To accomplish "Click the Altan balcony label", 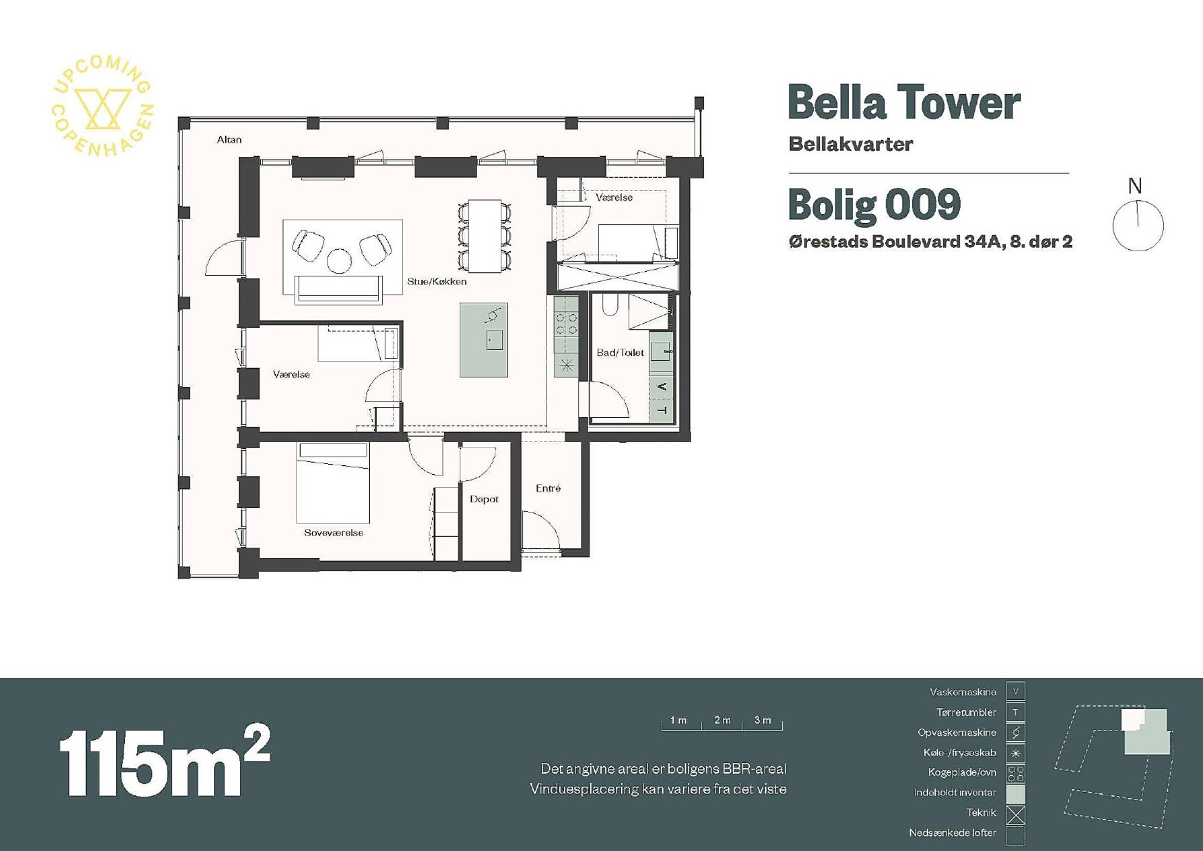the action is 229,140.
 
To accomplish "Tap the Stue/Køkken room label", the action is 437,281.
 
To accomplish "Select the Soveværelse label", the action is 333,533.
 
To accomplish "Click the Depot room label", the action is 484,499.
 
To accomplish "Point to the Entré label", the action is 548,488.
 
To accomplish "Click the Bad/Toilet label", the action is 620,352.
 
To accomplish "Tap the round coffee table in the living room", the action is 340,261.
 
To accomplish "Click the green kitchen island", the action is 483,340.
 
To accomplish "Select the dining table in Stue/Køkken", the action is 485,236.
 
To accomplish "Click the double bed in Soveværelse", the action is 333,483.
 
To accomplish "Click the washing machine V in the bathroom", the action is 662,387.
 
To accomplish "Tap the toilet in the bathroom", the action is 610,305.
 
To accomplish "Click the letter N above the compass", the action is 1135,186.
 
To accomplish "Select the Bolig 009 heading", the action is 874,205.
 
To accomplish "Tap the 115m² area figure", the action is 164,761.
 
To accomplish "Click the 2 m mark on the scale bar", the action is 722,720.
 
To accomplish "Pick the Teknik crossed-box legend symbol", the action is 1016,815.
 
